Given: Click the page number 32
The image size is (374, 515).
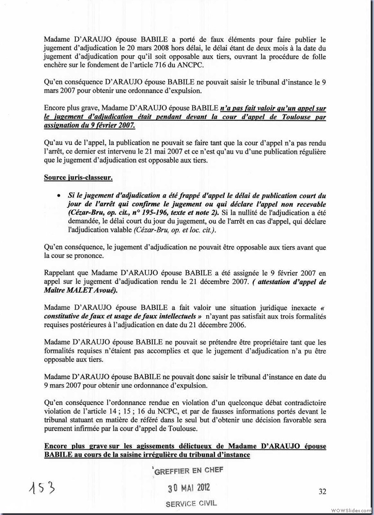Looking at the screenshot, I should tap(322, 491).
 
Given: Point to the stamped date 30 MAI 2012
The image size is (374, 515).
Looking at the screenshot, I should tap(189, 487).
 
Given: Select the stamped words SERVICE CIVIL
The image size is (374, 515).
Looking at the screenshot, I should tap(191, 504).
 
